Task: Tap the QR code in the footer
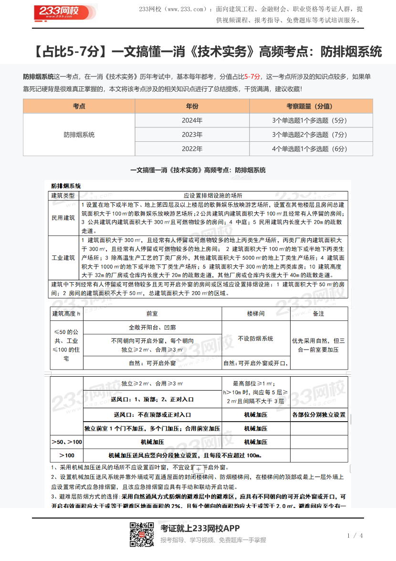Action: pos(142,534)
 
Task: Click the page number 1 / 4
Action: pos(355,535)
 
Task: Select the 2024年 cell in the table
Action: pos(192,120)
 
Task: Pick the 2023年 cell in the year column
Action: pos(192,135)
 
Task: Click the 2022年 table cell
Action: pos(192,149)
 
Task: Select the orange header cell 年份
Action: pos(192,106)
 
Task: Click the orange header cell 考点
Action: pos(79,106)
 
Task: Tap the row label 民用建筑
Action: pos(63,218)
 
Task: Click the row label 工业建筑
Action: pos(63,258)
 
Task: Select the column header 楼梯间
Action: pos(256,314)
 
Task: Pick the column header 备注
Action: pos(319,314)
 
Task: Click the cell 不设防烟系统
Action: pos(256,339)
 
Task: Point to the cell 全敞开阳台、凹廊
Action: pos(152,328)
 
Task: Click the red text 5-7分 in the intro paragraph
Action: pos(252,76)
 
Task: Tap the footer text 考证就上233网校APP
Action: pos(200,528)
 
